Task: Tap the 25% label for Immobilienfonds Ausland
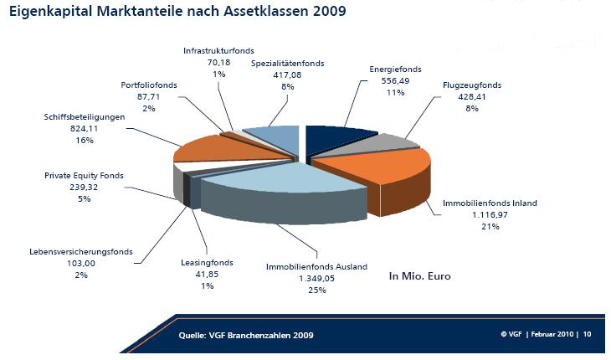[x=316, y=290]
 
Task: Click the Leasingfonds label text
[x=206, y=263]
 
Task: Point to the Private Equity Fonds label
[x=84, y=176]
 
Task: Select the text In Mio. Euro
[x=420, y=275]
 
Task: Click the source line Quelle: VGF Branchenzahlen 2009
[x=247, y=336]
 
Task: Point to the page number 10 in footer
[x=588, y=334]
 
